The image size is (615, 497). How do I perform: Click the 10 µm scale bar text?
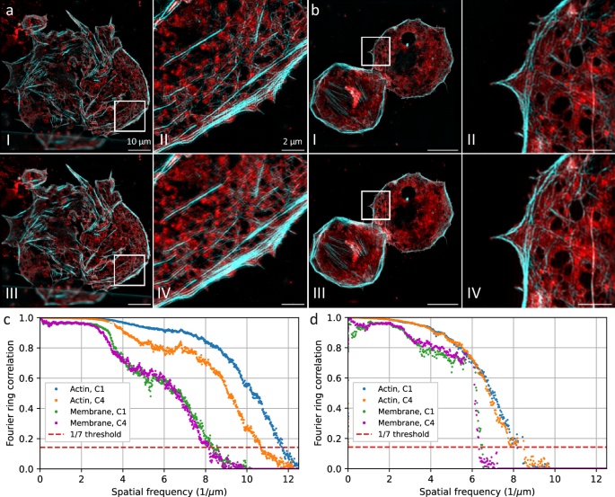[x=137, y=141]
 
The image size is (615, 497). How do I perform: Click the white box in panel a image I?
[x=129, y=116]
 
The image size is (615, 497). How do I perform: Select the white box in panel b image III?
[x=375, y=205]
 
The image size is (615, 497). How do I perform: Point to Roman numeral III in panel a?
[x=12, y=292]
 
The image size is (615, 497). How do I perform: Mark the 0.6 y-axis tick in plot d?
[x=335, y=378]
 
